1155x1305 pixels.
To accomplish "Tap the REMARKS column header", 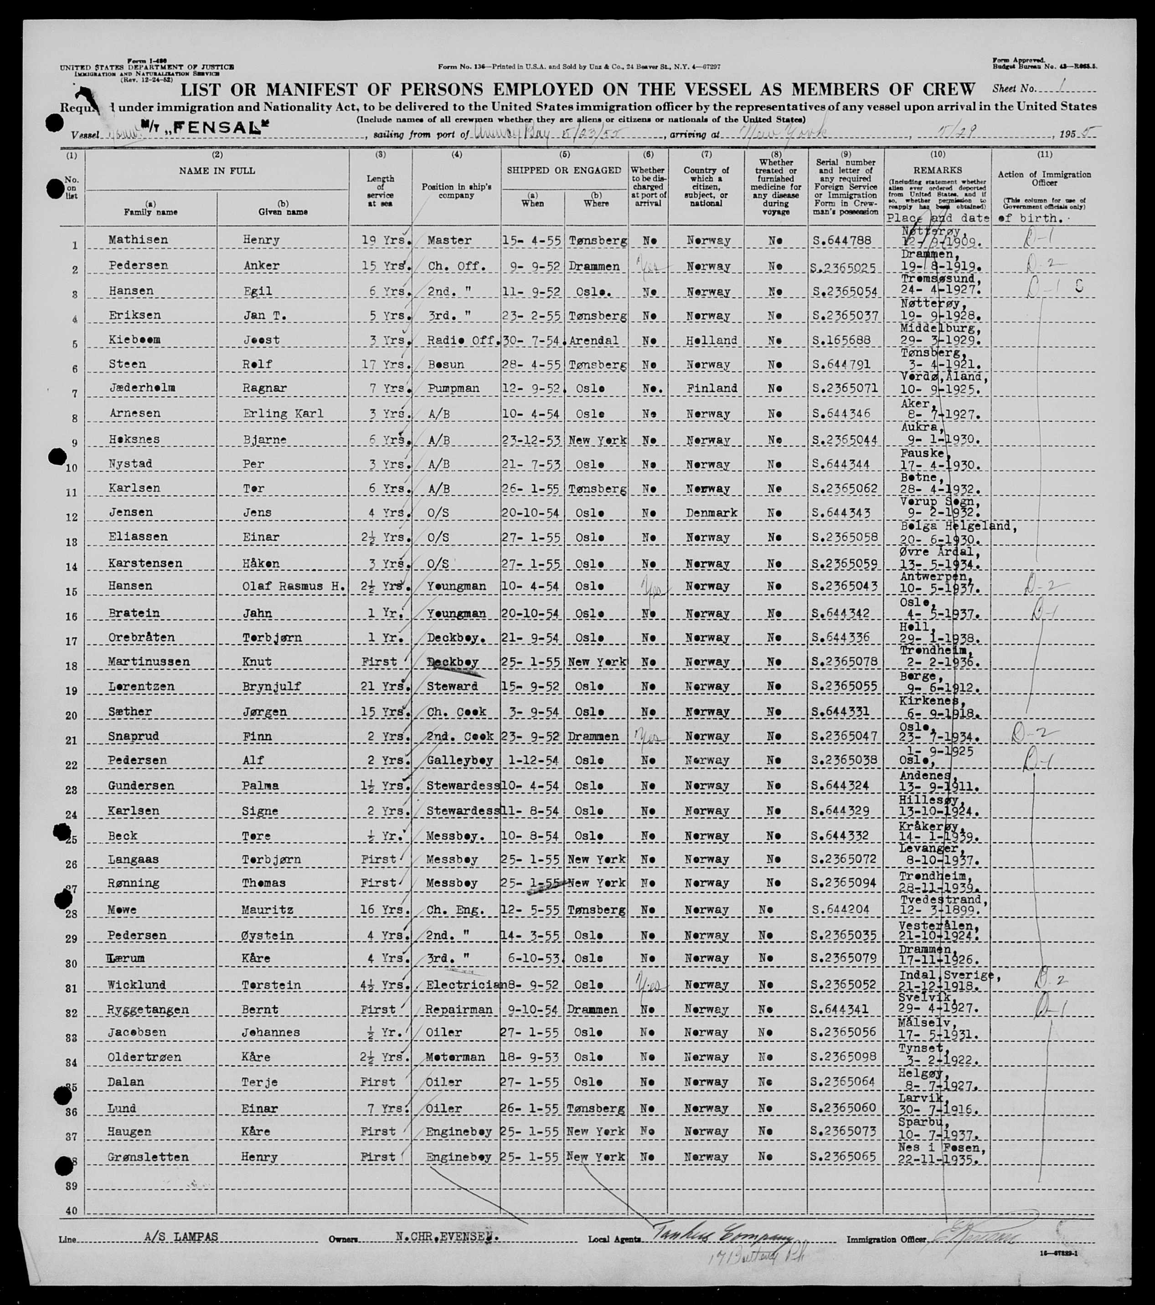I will [937, 170].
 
